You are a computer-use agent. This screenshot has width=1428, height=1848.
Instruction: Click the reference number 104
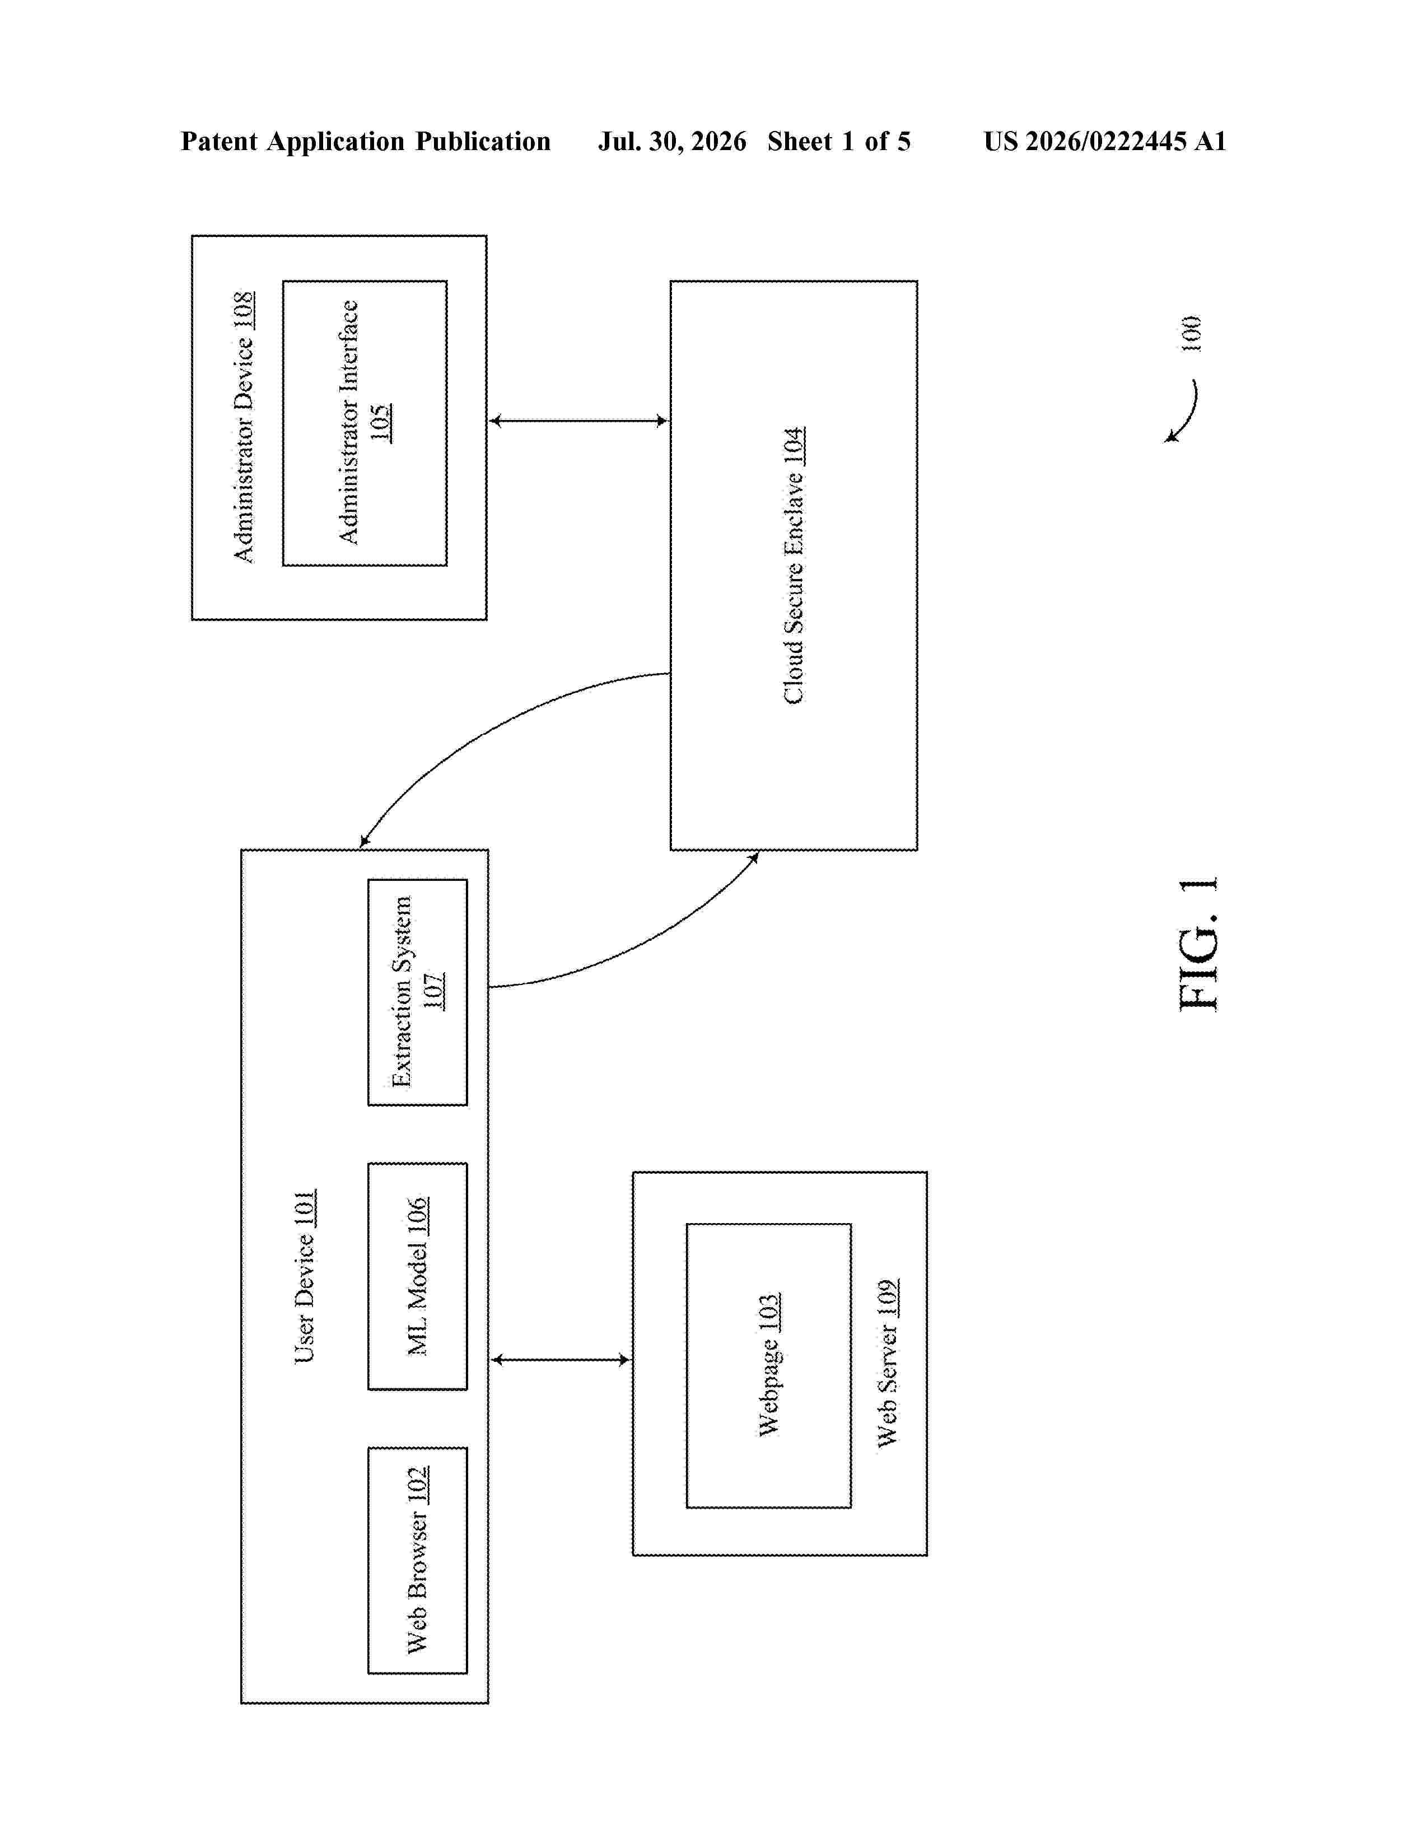[794, 446]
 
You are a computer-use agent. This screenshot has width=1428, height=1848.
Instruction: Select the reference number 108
[243, 311]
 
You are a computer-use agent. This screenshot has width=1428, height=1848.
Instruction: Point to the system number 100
[1191, 333]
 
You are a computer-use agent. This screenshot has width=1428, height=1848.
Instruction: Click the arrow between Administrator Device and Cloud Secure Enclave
[578, 421]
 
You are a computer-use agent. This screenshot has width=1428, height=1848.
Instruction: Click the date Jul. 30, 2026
[673, 141]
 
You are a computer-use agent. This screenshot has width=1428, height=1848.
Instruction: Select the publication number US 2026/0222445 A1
[1105, 141]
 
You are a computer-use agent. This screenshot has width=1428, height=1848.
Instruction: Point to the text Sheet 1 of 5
[839, 141]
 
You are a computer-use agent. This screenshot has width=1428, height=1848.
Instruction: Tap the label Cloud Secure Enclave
[794, 589]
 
